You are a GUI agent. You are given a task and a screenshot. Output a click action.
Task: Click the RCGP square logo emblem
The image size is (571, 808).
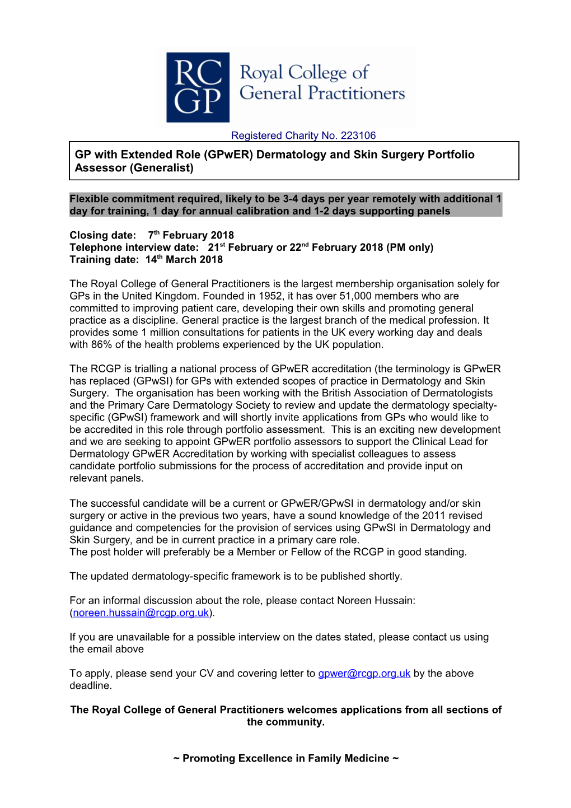click(198, 87)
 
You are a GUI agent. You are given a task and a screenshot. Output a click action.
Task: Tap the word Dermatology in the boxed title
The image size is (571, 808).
click(291, 155)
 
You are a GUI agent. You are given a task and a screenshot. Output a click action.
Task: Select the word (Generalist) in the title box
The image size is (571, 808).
click(162, 168)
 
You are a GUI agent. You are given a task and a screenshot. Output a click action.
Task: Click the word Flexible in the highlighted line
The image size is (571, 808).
click(90, 199)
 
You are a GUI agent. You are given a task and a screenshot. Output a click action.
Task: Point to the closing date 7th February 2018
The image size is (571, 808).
click(191, 235)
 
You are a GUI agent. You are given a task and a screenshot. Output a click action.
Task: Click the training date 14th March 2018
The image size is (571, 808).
click(184, 260)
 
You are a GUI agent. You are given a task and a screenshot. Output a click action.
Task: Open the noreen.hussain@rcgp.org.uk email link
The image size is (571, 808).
click(141, 613)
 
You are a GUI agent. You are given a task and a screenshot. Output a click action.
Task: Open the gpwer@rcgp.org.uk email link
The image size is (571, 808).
click(364, 674)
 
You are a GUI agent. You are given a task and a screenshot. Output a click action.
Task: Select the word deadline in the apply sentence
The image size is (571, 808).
click(90, 686)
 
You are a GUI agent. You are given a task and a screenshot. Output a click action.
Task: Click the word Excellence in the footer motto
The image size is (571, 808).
click(265, 759)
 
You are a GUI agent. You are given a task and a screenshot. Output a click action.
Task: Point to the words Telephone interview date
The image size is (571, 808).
click(134, 247)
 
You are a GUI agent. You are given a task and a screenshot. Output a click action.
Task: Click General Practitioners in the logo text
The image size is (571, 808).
click(322, 93)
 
